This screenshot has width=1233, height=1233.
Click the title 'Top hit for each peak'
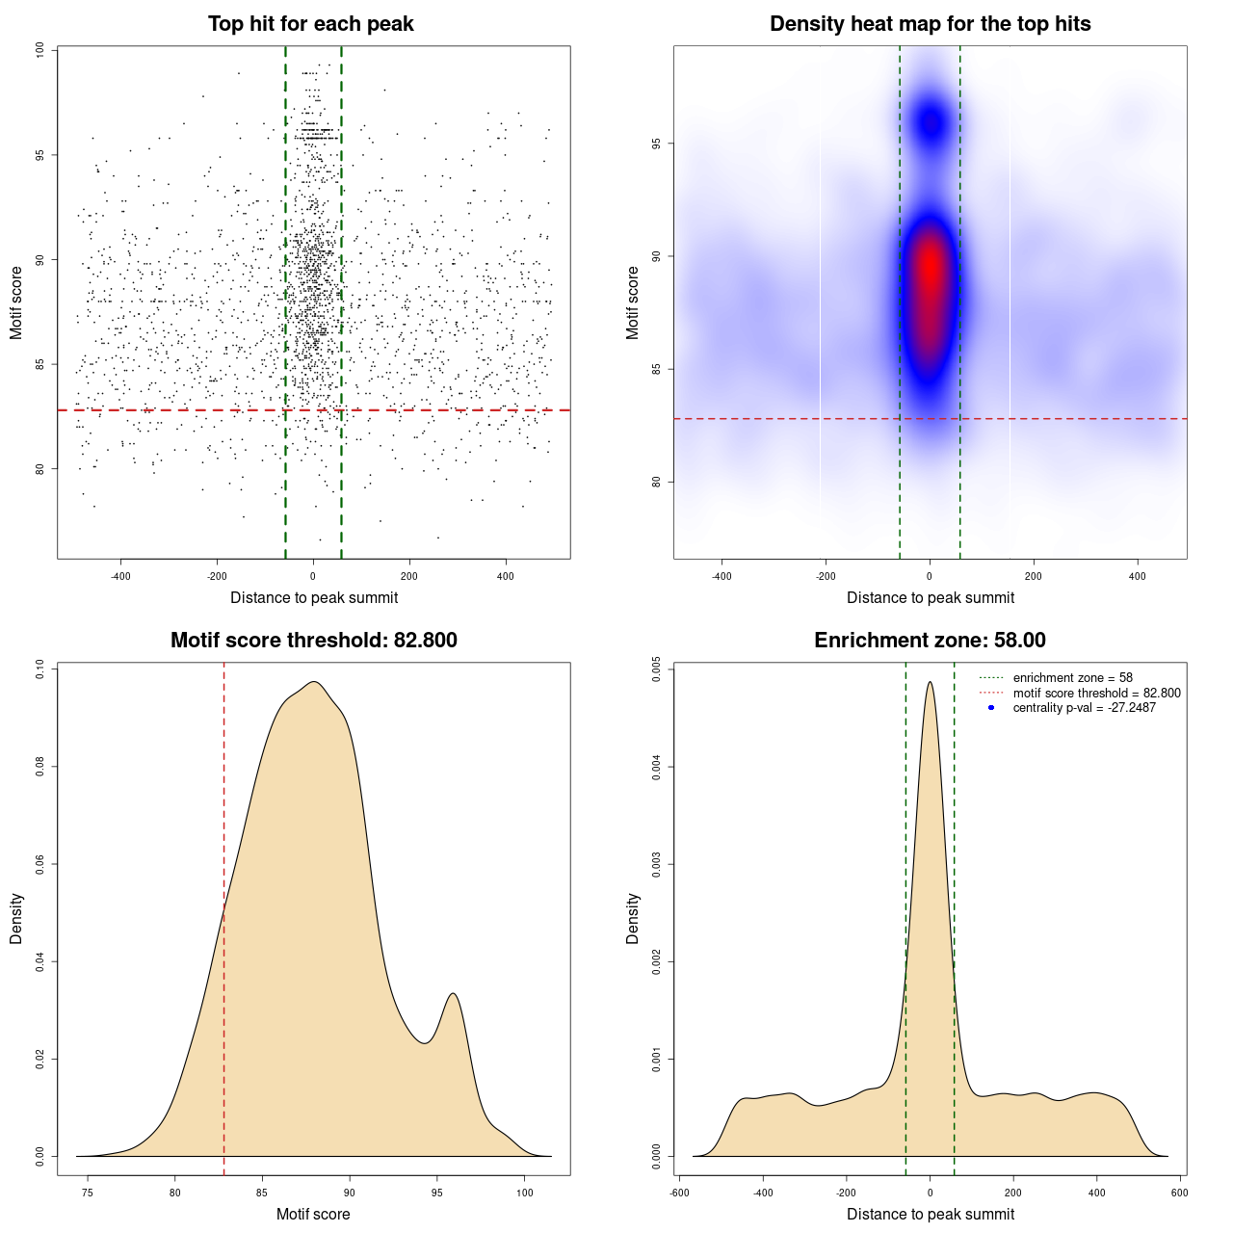(311, 24)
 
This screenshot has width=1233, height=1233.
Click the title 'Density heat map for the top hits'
(930, 24)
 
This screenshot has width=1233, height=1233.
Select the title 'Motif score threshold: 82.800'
(313, 641)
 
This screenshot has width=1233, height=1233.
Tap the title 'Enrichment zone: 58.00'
(930, 641)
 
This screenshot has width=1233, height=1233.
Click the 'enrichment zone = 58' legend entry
(1072, 678)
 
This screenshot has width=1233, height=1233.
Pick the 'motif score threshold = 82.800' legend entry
(1096, 693)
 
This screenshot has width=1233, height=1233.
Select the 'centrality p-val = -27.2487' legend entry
(1084, 708)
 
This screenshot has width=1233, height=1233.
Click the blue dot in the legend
(991, 708)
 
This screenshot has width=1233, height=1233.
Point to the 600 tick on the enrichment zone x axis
(1179, 1193)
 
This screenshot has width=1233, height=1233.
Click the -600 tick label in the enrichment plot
(679, 1193)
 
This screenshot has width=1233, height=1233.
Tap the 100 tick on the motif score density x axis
(524, 1193)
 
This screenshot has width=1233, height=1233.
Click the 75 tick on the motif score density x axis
(88, 1193)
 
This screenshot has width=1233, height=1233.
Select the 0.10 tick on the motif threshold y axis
(39, 669)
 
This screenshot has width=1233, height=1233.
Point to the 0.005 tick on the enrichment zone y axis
(656, 669)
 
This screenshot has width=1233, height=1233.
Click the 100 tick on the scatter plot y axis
(39, 50)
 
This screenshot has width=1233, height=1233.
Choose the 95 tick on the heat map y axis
(656, 144)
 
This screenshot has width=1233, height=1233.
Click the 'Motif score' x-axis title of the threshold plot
(313, 1214)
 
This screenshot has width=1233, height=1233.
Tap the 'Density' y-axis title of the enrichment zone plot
(633, 918)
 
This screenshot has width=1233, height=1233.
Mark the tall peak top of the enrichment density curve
(930, 683)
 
